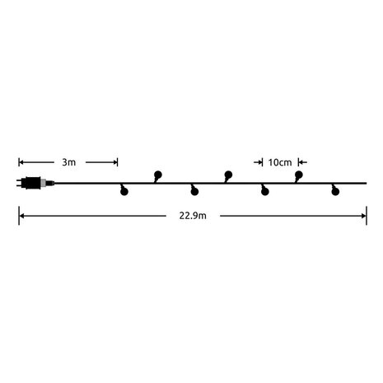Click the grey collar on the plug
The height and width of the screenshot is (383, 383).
(49, 183)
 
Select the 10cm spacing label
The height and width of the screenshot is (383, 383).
(278, 161)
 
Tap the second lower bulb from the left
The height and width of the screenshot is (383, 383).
(194, 192)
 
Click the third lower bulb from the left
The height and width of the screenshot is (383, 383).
(264, 192)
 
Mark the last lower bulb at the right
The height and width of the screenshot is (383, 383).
(334, 192)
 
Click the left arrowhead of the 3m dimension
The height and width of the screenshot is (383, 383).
(21, 161)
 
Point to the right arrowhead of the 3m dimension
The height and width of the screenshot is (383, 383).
(117, 161)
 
